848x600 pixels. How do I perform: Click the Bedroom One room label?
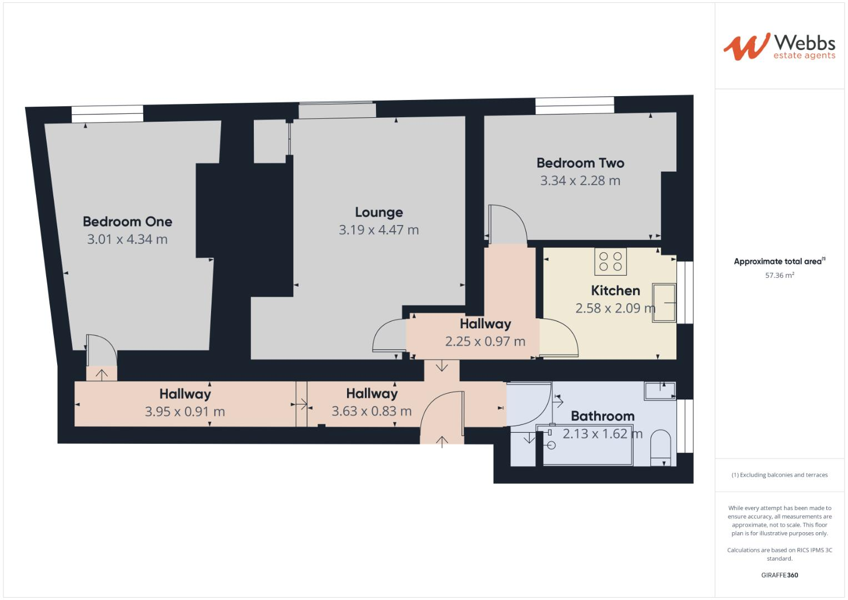[x=127, y=221]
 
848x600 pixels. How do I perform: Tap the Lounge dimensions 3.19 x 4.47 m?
[x=379, y=230]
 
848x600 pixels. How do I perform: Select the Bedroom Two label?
[x=580, y=163]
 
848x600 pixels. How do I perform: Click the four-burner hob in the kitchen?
[x=610, y=261]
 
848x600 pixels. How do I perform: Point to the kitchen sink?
[x=664, y=303]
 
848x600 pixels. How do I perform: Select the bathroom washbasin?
[x=660, y=391]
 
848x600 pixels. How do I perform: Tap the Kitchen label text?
[x=615, y=291]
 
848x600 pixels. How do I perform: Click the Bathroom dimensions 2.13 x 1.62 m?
[x=603, y=434]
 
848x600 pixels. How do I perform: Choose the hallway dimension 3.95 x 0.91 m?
[x=185, y=412]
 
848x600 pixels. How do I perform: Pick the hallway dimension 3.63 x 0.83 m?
[x=372, y=411]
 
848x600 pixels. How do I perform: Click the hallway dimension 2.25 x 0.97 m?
[x=485, y=342]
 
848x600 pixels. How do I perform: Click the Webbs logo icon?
[x=746, y=47]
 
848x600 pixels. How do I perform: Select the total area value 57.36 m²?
[x=779, y=275]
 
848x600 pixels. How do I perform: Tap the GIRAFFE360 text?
[x=779, y=575]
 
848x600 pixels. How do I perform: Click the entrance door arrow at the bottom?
[x=442, y=441]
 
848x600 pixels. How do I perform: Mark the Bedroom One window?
[x=107, y=114]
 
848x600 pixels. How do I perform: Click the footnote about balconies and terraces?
[x=779, y=475]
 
